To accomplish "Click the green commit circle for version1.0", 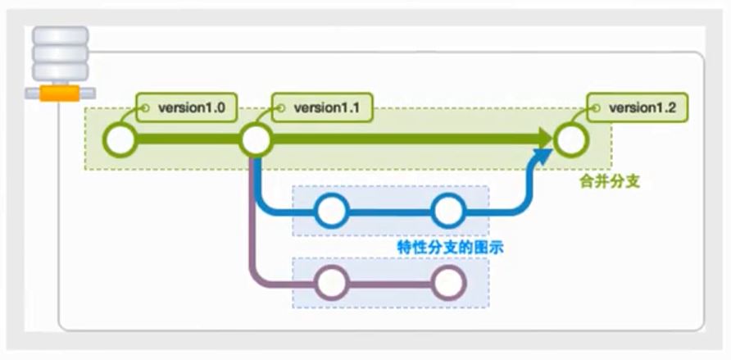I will pyautogui.click(x=120, y=140).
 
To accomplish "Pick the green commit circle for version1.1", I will pyautogui.click(x=256, y=140).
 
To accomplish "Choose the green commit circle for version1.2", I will pyautogui.click(x=570, y=140).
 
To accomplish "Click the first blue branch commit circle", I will pyautogui.click(x=331, y=212).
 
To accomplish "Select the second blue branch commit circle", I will pyautogui.click(x=447, y=212).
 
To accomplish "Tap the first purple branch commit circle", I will pyautogui.click(x=331, y=284).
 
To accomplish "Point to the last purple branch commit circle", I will pyautogui.click(x=447, y=284).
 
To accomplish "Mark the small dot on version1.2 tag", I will pyautogui.click(x=597, y=108).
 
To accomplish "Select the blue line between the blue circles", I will pyautogui.click(x=389, y=212).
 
